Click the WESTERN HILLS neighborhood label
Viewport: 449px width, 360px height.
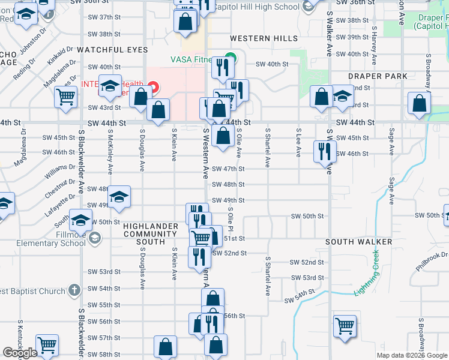pyautogui.click(x=264, y=38)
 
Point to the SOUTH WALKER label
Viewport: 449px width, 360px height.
pyautogui.click(x=359, y=242)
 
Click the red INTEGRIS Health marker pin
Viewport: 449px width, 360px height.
pyautogui.click(x=154, y=88)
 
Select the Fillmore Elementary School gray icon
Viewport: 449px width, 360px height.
pyautogui.click(x=94, y=239)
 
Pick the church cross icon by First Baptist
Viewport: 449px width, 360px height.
pyautogui.click(x=74, y=291)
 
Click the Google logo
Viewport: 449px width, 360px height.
pyautogui.click(x=20, y=353)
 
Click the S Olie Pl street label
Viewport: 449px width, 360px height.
pyautogui.click(x=230, y=220)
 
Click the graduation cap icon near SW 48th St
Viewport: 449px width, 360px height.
pyautogui.click(x=119, y=198)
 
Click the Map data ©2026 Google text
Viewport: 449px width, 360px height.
pyautogui.click(x=411, y=355)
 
